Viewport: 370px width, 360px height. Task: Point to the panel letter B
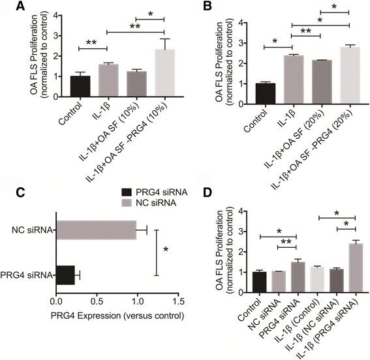[194, 8]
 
